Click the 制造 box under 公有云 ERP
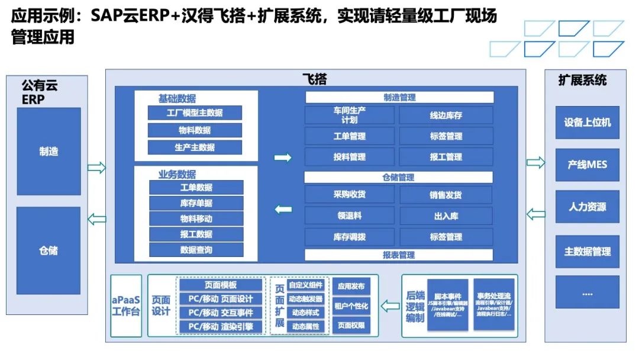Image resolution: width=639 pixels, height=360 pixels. point(49,152)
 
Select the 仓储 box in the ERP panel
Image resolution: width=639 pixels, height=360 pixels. point(49,250)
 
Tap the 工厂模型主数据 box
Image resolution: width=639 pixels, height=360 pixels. point(195,113)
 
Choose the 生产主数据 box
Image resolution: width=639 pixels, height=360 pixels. point(195,147)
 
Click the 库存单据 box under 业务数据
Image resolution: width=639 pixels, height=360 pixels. point(196,203)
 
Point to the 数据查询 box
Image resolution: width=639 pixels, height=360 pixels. point(196,250)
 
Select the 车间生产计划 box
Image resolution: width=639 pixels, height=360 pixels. point(349,115)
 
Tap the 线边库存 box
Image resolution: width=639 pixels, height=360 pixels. point(446,115)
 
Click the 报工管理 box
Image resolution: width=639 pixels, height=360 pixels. point(446,157)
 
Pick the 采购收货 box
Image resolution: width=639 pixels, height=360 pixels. point(349,195)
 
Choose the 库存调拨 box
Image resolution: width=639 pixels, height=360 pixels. point(349,237)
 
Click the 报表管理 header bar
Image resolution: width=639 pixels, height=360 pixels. point(399,255)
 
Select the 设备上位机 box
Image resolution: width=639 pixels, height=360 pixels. point(587,123)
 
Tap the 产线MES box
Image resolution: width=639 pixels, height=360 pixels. point(587,165)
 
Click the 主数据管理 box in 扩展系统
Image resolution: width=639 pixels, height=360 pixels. point(587,252)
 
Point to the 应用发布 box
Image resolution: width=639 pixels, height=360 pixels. point(351,287)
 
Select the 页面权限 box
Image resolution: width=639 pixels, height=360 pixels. point(351,325)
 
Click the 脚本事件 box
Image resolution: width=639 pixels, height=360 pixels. point(447,306)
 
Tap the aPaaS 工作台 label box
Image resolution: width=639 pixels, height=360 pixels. point(126,306)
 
